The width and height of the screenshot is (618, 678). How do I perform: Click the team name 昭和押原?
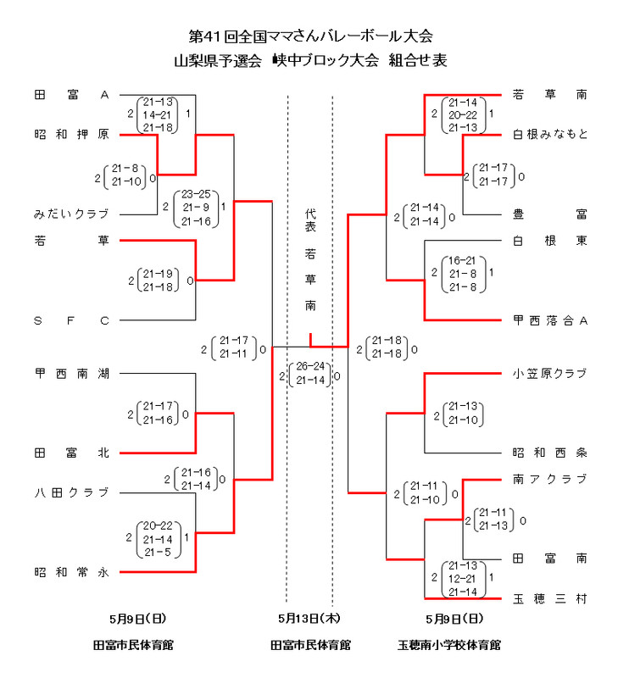point(71,134)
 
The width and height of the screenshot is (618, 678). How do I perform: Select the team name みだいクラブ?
point(71,214)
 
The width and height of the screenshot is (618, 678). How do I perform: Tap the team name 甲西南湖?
point(71,373)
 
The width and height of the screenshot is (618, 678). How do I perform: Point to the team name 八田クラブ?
point(71,492)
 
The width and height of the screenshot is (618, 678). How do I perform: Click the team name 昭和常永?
point(71,572)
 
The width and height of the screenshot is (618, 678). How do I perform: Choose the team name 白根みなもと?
point(550,134)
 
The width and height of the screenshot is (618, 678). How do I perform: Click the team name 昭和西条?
point(550,453)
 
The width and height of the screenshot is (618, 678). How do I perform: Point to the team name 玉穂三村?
point(550,598)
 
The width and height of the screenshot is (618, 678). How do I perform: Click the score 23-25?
point(196,193)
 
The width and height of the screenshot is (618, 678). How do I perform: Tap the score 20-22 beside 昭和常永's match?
point(159,525)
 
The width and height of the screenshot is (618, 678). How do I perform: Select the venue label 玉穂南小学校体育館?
point(449,645)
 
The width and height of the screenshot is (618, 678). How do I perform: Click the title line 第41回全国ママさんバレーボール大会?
point(309,36)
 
